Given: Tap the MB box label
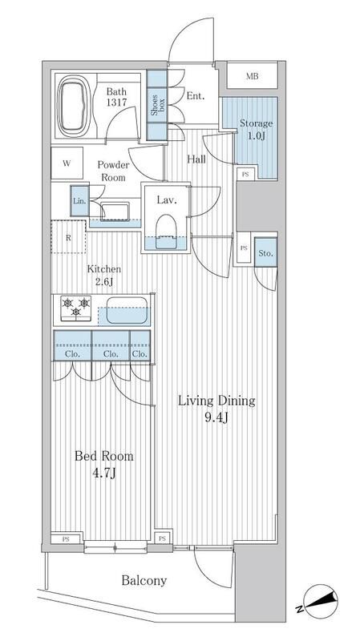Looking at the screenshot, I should point(252,77).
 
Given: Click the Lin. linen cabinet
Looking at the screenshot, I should point(79,201).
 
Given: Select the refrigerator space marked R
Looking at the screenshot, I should point(69,237).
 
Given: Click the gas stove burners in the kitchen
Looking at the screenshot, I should point(75,308).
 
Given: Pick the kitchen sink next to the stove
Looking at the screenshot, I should point(125,310).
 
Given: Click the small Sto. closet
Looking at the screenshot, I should point(265,254).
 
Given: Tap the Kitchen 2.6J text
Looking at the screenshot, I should point(104,276).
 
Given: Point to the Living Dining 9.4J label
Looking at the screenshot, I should point(217,408).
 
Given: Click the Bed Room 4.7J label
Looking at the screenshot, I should point(103,464).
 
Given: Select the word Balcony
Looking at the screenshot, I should point(144,580).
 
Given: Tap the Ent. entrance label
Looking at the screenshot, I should point(195,96).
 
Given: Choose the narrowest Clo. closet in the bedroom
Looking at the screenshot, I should point(140,352).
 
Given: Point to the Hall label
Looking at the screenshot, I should point(196,159).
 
